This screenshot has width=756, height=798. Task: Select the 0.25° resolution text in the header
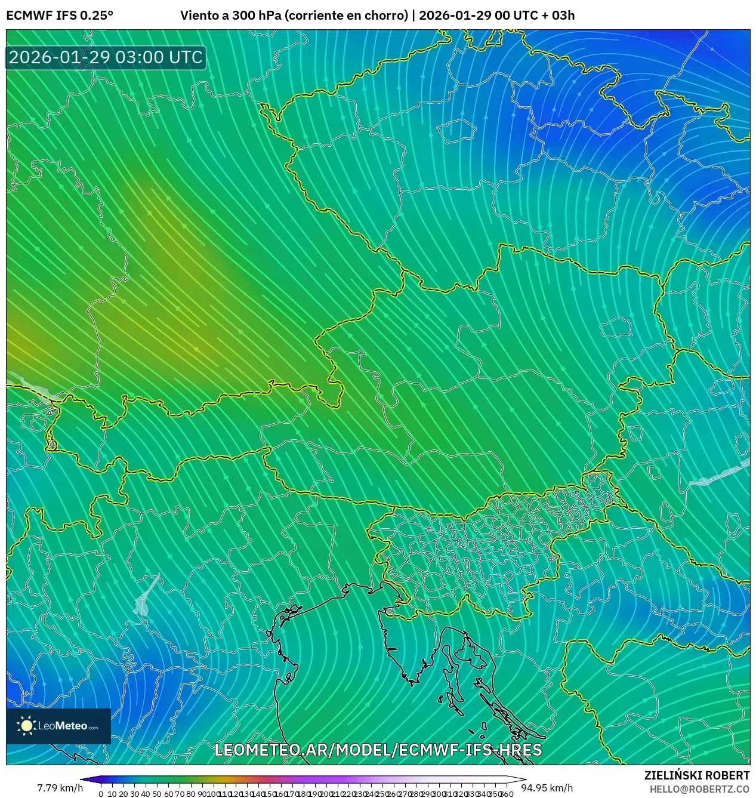point(96,16)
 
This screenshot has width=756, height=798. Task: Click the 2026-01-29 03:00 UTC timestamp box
point(106,58)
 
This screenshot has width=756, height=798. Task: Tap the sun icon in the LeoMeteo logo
point(26,726)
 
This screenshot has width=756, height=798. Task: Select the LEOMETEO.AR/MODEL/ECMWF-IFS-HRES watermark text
point(378,750)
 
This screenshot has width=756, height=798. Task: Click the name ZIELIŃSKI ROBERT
point(696,775)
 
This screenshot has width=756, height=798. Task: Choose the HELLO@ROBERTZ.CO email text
point(699,789)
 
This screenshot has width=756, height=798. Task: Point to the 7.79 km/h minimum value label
point(60,788)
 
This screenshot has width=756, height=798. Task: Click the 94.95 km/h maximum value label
point(547,788)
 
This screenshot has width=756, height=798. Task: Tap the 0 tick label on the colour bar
point(101,794)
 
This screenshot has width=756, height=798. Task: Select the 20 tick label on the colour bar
point(123,794)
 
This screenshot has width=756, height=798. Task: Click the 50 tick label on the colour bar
point(157,794)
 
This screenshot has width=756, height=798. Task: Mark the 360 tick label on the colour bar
point(507,794)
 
